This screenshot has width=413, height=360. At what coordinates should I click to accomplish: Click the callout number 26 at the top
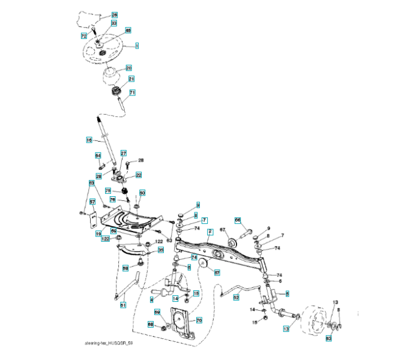tap(115, 14)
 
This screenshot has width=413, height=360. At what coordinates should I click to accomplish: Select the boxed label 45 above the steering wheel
tap(128, 30)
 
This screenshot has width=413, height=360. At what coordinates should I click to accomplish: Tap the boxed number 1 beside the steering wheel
tap(137, 46)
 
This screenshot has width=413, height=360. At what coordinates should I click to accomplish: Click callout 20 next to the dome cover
tap(128, 68)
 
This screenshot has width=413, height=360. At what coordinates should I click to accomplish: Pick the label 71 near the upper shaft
tap(132, 92)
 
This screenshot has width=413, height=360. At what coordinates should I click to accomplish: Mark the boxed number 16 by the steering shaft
tap(88, 140)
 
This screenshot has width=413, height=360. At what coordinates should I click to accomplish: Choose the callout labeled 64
tap(98, 155)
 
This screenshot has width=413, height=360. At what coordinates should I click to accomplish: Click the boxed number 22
tap(138, 175)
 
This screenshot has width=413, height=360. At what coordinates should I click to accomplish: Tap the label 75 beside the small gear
tap(109, 191)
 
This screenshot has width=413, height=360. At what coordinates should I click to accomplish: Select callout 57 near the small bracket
tap(92, 202)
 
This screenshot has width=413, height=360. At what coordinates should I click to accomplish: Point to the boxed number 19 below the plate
tap(98, 234)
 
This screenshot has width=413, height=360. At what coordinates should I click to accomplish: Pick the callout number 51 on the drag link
tap(123, 305)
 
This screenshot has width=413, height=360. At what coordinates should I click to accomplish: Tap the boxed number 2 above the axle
tap(210, 232)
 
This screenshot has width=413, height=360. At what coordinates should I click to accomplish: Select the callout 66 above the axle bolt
tap(237, 220)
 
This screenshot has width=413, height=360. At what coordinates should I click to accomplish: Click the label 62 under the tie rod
tap(236, 297)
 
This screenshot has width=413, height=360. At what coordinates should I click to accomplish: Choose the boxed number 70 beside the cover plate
tap(199, 321)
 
